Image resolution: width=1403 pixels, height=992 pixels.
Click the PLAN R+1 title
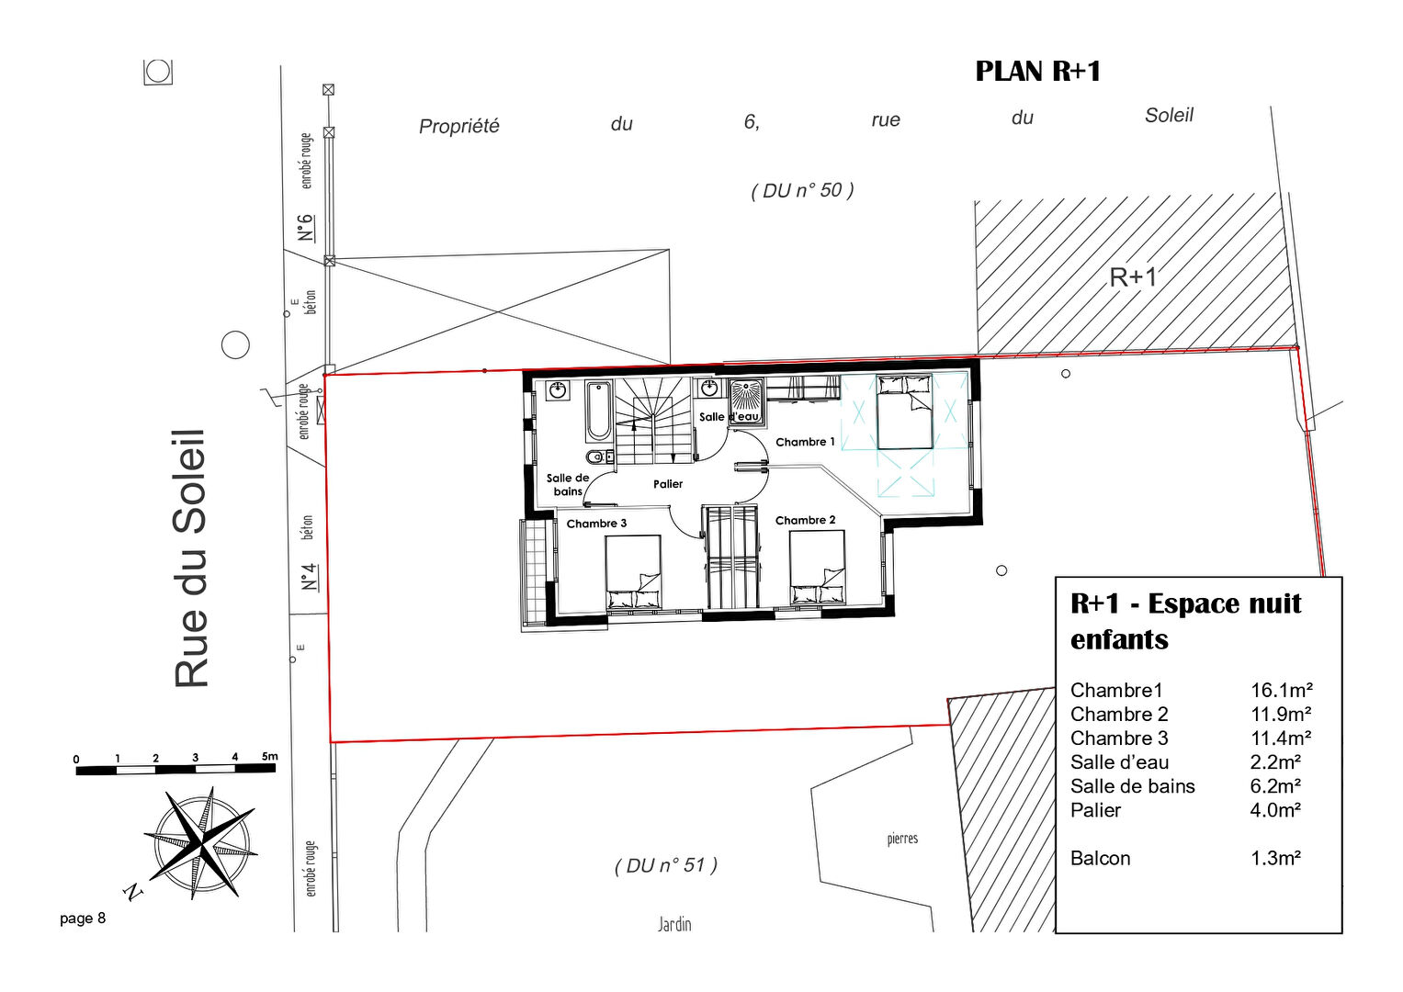pos(1037,72)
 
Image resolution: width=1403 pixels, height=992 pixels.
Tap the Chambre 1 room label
pos(805,442)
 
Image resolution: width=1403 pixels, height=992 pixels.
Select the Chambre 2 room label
pos(805,521)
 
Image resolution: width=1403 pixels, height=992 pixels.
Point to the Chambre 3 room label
pos(596,524)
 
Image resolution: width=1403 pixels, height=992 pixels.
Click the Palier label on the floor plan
pos(668,484)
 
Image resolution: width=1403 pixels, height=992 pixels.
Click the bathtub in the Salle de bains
pos(598,411)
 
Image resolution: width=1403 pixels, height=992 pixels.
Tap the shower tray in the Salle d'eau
pos(747,402)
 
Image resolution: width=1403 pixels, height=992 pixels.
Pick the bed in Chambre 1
pos(904,411)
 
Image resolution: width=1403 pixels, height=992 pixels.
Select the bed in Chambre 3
pos(633,571)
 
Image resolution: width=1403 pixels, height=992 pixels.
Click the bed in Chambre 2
pos(817,568)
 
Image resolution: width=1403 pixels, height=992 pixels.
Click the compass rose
pos(202,843)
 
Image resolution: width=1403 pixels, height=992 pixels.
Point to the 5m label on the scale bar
pos(269,756)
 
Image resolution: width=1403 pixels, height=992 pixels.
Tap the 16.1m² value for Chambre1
pos(1282,690)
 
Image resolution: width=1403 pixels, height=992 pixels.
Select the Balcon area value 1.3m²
pos(1275,858)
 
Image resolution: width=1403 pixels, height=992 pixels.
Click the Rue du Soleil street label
pos(189,558)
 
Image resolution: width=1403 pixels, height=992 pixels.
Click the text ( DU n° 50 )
pos(802,190)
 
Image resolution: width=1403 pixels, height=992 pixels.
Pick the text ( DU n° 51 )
pos(666,865)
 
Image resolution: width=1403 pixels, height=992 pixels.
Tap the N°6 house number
pos(305,228)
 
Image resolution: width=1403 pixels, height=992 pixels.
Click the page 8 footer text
pos(83,919)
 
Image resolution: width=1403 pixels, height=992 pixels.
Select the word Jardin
pos(674,924)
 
